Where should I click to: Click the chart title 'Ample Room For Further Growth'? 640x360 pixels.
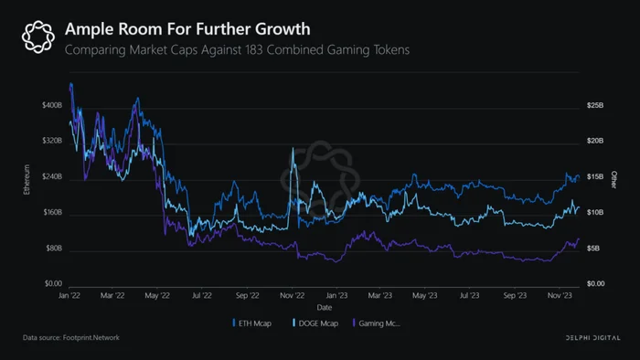click(187, 29)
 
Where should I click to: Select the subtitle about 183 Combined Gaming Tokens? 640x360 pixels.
click(237, 49)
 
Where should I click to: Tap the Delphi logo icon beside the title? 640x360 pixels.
click(38, 37)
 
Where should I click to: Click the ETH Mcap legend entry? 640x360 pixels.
click(251, 323)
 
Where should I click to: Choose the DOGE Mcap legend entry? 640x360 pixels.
click(315, 323)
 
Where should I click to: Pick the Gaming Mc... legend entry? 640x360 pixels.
click(377, 323)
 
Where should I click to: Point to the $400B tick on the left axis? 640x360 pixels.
click(52, 105)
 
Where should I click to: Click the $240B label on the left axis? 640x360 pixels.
click(52, 176)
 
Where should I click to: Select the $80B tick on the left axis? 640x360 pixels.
click(53, 248)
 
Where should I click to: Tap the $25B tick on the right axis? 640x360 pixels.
click(595, 105)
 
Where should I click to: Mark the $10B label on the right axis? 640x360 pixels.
click(595, 212)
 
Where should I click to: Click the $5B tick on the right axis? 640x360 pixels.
click(593, 248)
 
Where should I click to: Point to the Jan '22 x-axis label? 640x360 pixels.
click(69, 295)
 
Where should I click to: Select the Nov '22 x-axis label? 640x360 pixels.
click(293, 295)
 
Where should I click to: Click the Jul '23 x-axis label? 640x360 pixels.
click(469, 295)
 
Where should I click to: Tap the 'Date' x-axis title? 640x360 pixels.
click(325, 307)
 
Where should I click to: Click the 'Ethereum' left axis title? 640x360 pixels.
click(27, 179)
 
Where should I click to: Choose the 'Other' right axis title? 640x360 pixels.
click(613, 180)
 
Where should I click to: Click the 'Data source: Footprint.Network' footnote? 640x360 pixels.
click(71, 337)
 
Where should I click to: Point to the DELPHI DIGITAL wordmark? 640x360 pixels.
click(592, 337)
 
